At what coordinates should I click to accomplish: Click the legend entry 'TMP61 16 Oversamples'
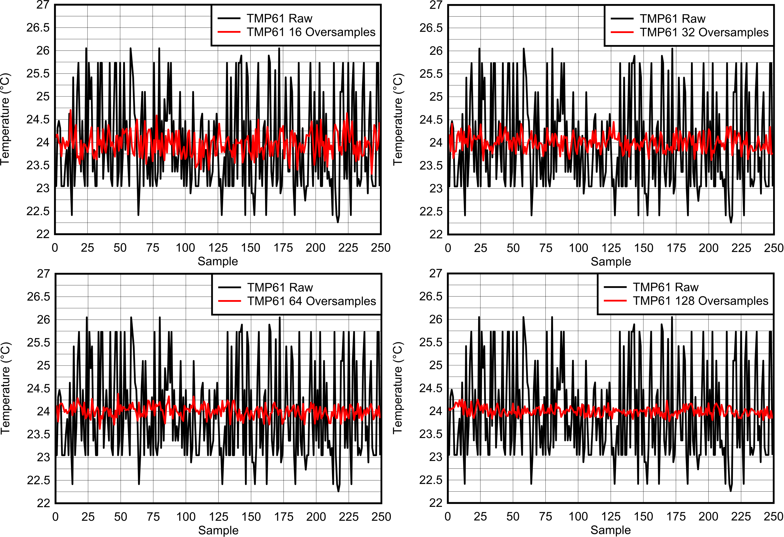pos(311,32)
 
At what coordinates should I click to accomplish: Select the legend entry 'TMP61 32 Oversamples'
pos(704,32)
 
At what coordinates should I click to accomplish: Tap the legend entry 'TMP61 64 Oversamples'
pos(311,301)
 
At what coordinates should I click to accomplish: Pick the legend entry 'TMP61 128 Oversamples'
pos(700,301)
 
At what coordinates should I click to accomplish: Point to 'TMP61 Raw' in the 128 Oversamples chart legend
pos(665,287)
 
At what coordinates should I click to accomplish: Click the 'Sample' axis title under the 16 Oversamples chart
pos(218,261)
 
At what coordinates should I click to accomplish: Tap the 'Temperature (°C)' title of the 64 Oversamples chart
pos(6,388)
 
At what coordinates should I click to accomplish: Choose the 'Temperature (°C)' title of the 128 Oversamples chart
pos(398,388)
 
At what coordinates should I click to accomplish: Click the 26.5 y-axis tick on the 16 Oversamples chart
pos(38,28)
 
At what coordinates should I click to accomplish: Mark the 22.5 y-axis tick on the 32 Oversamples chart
pos(431,211)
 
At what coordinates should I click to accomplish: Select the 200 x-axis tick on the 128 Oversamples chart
pos(708,516)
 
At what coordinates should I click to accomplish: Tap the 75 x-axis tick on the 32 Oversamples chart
pos(545,248)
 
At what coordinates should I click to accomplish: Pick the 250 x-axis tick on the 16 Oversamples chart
pos(381,248)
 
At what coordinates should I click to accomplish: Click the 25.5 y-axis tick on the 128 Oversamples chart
pos(430,342)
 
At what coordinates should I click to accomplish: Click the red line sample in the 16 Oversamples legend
pos(229,32)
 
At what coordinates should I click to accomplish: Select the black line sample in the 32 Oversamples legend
pos(622,19)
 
